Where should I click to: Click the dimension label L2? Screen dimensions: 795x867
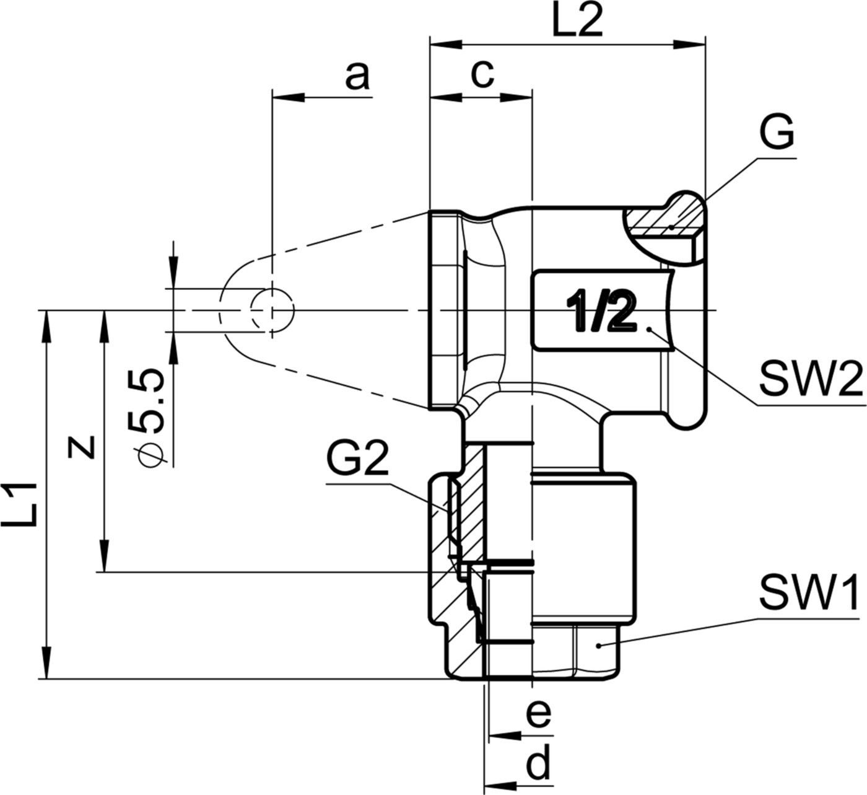(576, 23)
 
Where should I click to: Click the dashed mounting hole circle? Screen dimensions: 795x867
(272, 310)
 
